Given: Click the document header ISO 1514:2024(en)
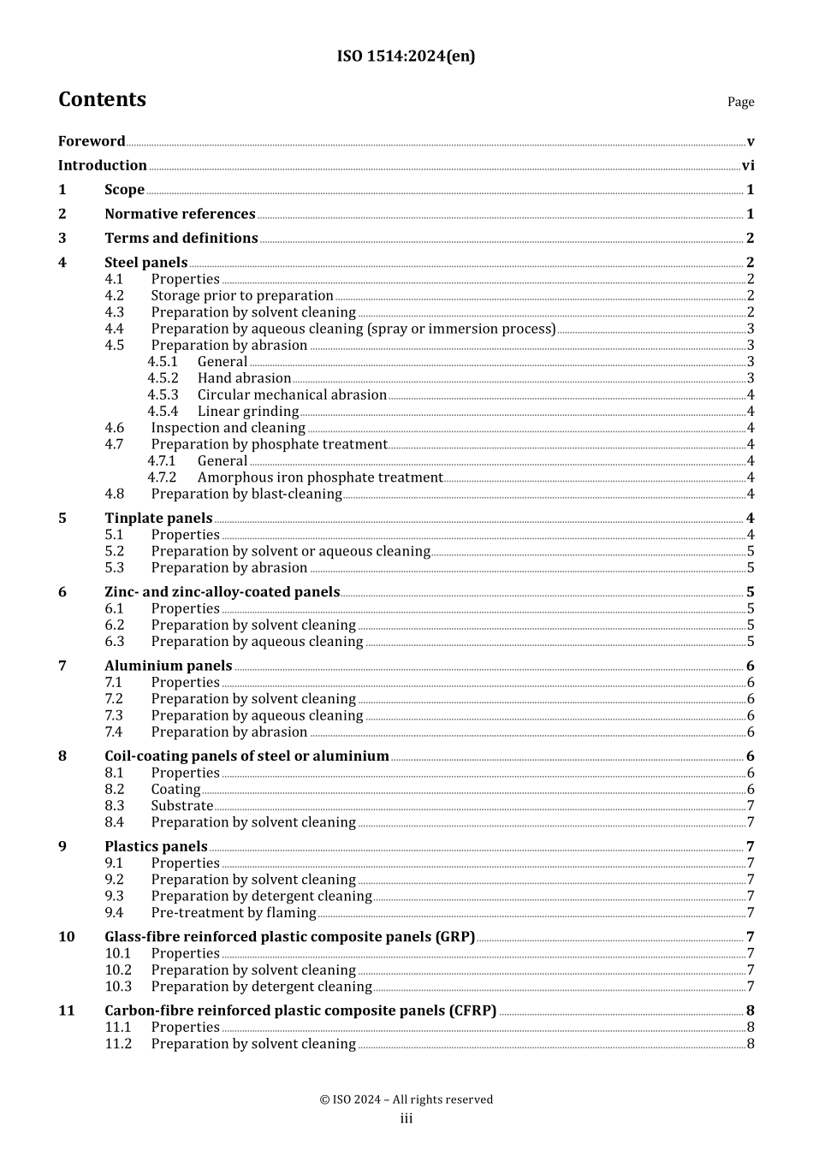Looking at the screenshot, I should [x=406, y=56].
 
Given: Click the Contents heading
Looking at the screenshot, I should [x=102, y=99].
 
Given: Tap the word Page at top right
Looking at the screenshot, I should [x=740, y=102].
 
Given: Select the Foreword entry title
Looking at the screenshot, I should [x=92, y=141].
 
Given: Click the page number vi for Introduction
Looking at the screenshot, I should [x=747, y=166].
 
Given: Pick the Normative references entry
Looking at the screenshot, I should [x=180, y=214].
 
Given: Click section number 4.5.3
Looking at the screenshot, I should [x=163, y=395].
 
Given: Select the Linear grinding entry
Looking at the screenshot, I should [x=248, y=412].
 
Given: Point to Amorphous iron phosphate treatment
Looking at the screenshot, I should [x=320, y=477].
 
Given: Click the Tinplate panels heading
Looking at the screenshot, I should [x=158, y=519].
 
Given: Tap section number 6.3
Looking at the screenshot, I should [x=115, y=642].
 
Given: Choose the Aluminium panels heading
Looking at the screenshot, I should [x=169, y=666].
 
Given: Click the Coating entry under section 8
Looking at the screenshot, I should [x=175, y=790].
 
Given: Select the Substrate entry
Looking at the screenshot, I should [x=182, y=806].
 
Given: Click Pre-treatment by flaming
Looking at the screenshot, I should [x=234, y=913].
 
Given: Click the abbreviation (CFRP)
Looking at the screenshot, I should [x=472, y=1011].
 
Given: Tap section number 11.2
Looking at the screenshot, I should [x=118, y=1044].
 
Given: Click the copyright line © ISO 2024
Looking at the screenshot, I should [x=406, y=1100].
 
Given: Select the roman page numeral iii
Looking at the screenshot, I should [x=406, y=1118].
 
